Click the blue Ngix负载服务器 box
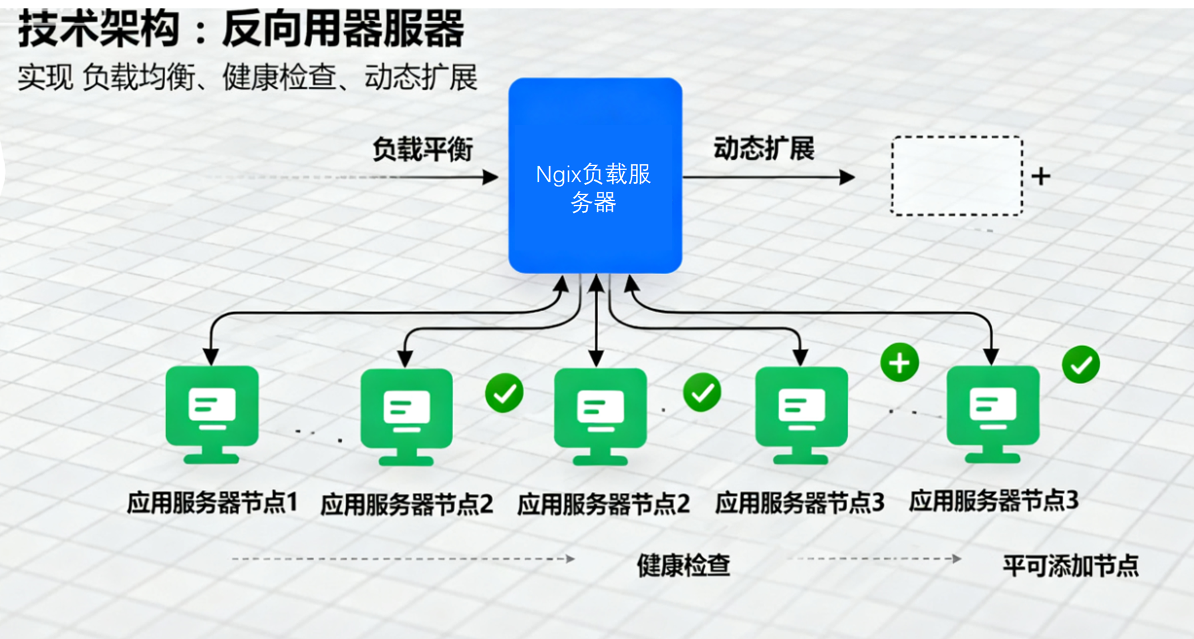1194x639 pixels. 595,176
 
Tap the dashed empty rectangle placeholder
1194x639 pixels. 956,176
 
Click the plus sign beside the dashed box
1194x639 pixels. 1041,176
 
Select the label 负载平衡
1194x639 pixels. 422,149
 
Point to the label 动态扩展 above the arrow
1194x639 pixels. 764,148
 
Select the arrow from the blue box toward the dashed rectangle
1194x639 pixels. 768,178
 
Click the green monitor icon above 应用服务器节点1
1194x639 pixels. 212,414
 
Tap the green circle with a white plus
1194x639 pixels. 899,363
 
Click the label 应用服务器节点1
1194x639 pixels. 212,503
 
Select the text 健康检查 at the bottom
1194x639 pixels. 683,566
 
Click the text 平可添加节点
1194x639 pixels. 1070,566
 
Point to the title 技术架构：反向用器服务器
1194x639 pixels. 241,29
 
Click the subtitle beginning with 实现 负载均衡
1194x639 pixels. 247,77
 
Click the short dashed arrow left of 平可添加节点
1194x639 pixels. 875,558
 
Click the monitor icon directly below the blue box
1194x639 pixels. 600,416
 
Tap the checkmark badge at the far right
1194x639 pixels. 1080,365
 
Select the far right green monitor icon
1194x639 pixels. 993,414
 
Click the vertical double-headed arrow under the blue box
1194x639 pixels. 597,321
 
